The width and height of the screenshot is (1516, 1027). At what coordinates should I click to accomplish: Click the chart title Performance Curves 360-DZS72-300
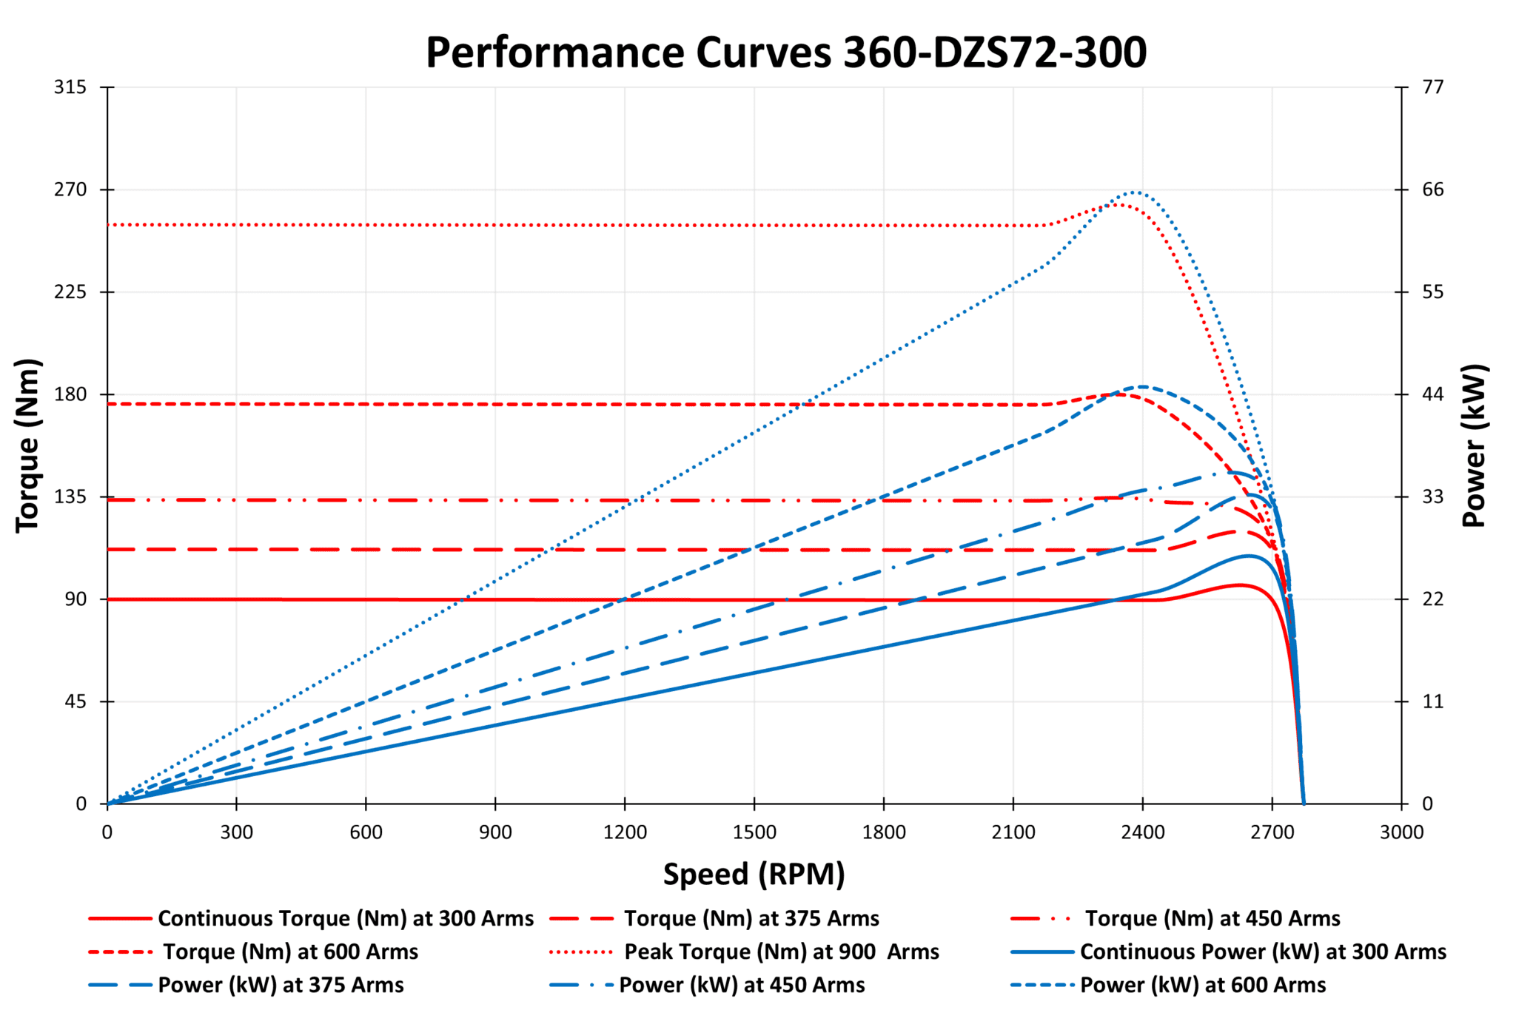785,53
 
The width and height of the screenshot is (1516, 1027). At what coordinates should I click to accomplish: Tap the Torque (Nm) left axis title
28,445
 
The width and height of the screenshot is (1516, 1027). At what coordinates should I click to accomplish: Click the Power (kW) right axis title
1474,445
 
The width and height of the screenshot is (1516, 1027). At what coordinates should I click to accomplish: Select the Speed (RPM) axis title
754,874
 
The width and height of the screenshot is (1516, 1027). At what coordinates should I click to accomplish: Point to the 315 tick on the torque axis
70,87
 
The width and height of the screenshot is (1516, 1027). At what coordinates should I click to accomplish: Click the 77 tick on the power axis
1433,87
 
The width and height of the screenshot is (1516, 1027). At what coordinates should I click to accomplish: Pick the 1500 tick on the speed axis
754,832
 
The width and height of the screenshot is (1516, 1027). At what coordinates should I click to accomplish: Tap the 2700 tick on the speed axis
1272,832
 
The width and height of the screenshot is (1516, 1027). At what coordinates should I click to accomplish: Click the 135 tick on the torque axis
70,496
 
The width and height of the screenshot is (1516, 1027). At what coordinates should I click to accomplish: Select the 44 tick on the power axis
1433,394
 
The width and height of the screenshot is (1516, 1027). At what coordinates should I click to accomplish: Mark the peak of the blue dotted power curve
1133,192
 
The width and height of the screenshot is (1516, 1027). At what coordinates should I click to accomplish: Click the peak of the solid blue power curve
1248,556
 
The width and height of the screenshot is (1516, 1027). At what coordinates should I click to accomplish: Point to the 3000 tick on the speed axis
1401,832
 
